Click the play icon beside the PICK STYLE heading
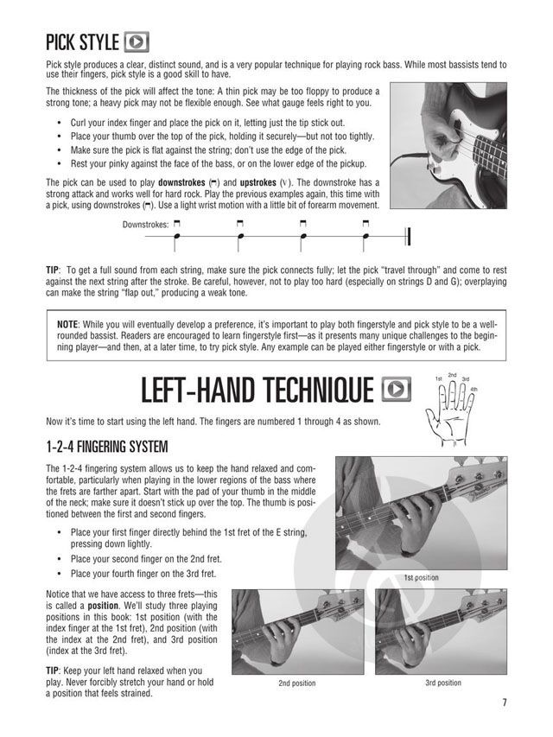(x=137, y=42)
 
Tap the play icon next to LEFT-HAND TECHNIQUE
(x=397, y=389)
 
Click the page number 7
(x=504, y=702)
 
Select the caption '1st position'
(x=422, y=577)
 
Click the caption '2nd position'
(x=297, y=683)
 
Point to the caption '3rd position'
(x=443, y=683)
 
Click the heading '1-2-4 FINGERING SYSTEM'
(x=107, y=446)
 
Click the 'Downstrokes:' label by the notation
(x=145, y=225)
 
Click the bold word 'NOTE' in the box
(x=67, y=324)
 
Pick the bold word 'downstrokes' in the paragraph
(x=181, y=182)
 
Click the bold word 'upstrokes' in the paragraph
(x=257, y=182)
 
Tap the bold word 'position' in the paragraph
(x=103, y=606)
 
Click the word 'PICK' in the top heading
(x=61, y=42)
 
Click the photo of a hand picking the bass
(x=448, y=146)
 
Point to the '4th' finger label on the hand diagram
(x=474, y=389)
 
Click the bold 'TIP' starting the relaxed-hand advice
(x=53, y=670)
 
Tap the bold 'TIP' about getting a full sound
(x=53, y=270)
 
